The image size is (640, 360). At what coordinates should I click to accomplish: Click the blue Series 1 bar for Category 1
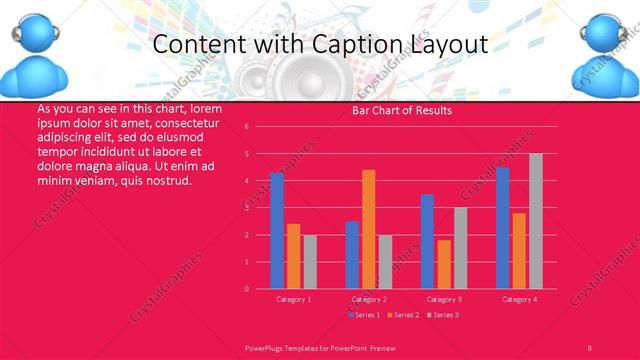[277, 231]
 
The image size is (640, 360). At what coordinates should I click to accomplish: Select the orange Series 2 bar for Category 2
[369, 229]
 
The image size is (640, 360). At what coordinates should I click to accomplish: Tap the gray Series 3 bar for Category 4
[536, 221]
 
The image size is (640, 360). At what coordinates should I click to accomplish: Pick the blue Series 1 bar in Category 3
[427, 241]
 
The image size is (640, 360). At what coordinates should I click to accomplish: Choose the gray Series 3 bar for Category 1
[310, 262]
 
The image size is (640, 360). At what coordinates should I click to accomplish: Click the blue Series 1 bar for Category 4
[503, 228]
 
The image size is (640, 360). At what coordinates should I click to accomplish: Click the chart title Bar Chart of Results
[402, 110]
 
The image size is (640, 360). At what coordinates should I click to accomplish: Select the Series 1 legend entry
[363, 315]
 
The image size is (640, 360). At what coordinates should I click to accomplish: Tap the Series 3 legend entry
[444, 315]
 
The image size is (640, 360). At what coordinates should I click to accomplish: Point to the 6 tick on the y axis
[261, 127]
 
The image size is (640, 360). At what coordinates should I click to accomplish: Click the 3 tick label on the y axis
[261, 208]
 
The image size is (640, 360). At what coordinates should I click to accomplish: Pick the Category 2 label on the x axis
[369, 299]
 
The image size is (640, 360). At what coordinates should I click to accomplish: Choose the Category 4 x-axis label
[519, 299]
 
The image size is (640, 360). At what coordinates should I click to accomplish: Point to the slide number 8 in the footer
[589, 346]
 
